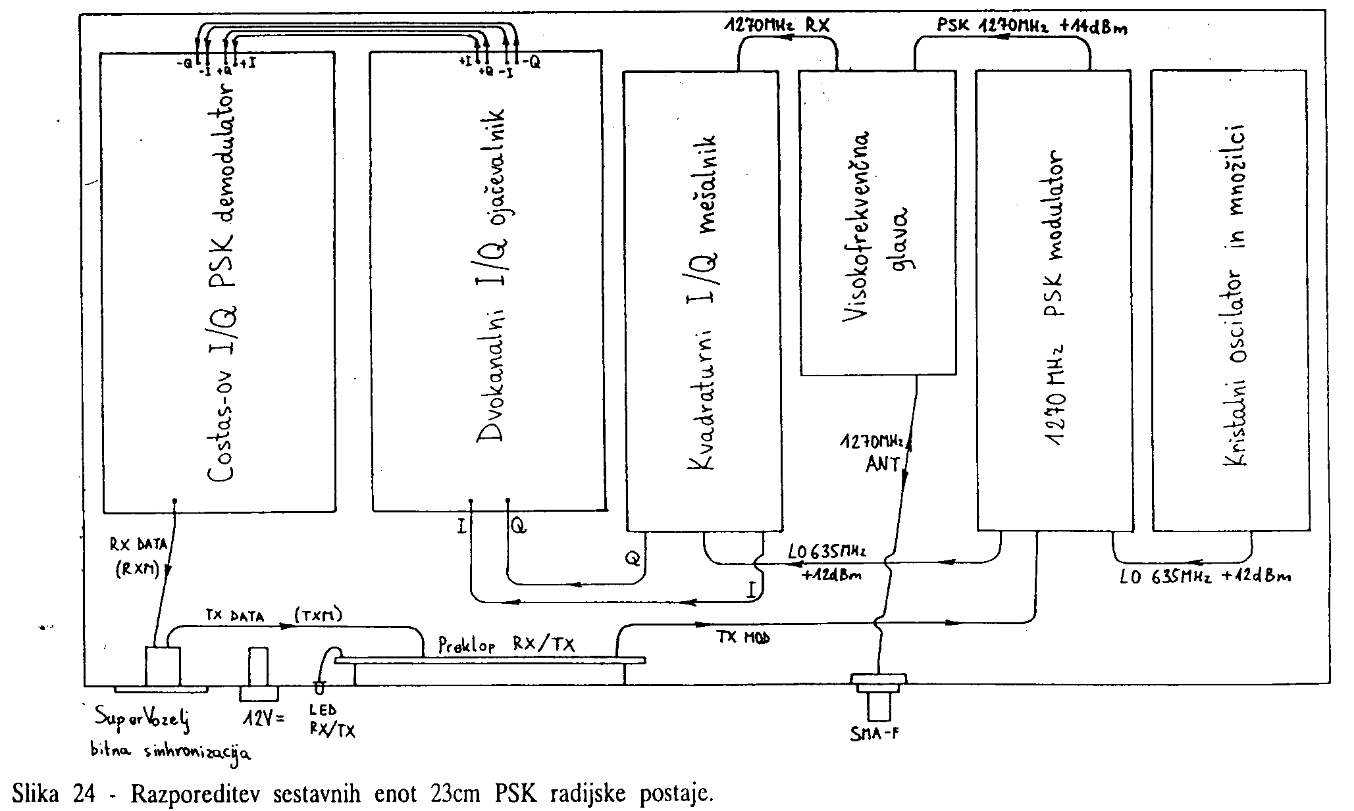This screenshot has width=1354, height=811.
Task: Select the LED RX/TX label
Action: (332, 721)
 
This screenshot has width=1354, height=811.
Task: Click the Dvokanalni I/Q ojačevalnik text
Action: (492, 276)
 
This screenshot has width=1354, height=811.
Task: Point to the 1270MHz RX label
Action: (777, 26)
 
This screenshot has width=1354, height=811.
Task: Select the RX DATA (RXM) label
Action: (140, 558)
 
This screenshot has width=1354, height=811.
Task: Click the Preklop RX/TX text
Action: (506, 645)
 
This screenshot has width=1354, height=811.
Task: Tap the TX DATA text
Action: (235, 616)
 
